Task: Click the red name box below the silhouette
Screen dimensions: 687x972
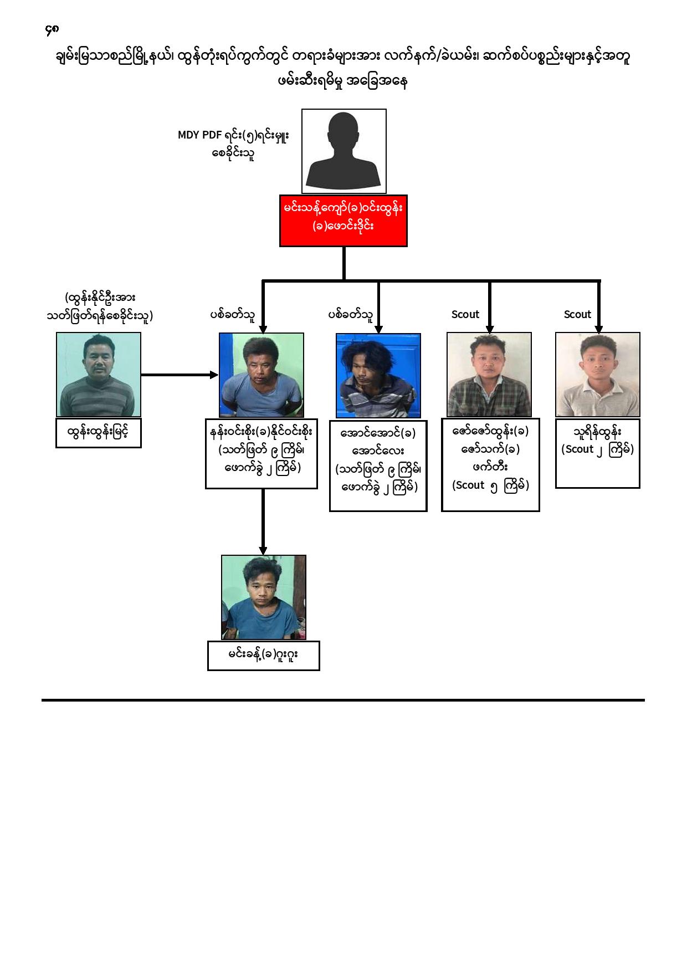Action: click(343, 221)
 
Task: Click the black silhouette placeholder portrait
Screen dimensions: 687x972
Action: click(344, 151)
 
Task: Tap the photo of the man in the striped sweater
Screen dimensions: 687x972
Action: click(99, 375)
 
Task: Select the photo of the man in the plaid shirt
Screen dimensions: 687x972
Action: click(489, 375)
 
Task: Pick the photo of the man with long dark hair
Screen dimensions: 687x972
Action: click(378, 375)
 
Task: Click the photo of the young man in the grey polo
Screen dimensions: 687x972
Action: click(598, 375)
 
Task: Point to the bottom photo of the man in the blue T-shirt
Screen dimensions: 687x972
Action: click(264, 597)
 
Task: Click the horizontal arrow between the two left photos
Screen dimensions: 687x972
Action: click(180, 375)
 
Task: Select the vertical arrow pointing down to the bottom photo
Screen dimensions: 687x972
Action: click(263, 522)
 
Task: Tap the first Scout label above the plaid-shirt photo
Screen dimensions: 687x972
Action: click(465, 314)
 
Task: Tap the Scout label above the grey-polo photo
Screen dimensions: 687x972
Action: click(577, 314)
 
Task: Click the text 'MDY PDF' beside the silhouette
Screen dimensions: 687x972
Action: click(199, 135)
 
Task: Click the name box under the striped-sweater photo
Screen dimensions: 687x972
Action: click(99, 433)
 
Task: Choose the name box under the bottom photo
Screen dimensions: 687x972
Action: click(264, 656)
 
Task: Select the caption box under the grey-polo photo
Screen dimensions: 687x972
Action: click(598, 453)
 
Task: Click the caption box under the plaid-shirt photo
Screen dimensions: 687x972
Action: click(490, 465)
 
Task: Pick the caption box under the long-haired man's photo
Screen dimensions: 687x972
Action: click(378, 466)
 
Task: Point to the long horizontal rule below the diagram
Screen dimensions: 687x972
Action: click(343, 700)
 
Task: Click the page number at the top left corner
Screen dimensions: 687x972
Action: click(52, 29)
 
